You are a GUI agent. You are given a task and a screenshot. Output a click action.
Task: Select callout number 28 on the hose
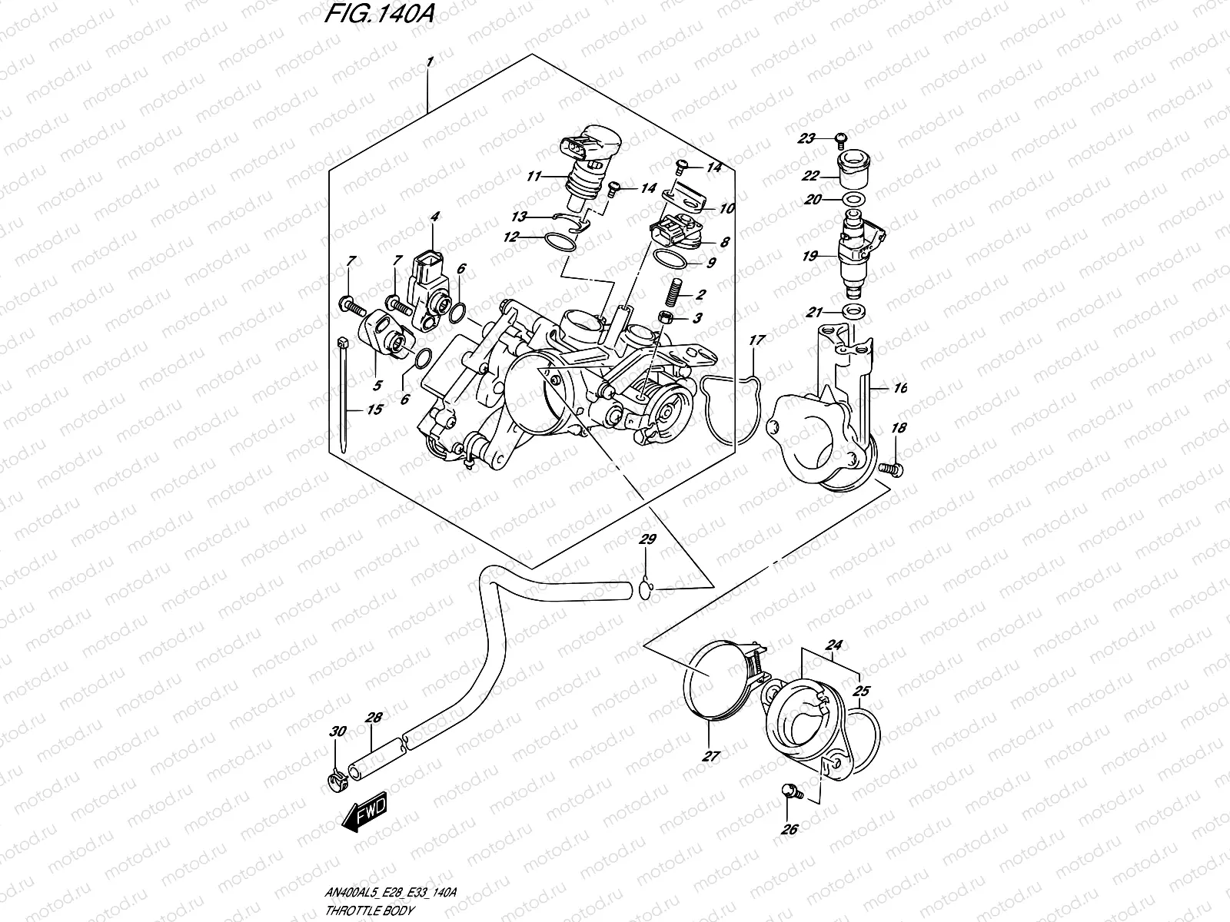tap(374, 718)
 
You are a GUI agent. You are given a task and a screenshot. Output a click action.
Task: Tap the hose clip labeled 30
tap(335, 783)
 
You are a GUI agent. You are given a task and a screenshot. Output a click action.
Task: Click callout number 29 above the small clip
tap(648, 541)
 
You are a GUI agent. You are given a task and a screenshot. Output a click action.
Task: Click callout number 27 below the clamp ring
tap(710, 757)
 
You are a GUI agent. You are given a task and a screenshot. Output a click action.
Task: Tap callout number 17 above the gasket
tap(756, 339)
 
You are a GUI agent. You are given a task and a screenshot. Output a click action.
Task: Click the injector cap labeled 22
tap(855, 171)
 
